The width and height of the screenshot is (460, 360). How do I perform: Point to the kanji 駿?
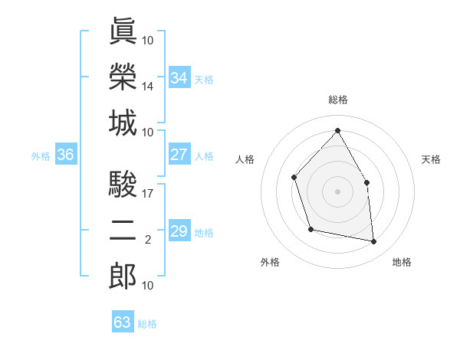pos(123,185)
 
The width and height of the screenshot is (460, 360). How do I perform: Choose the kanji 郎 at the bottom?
pos(123,277)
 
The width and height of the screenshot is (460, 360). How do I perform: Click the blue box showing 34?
pos(179,77)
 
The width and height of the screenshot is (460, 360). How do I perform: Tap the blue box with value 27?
pos(179,155)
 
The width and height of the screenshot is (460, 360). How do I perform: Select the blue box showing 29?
pos(179,231)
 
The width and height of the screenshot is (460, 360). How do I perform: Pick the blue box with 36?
pos(65,155)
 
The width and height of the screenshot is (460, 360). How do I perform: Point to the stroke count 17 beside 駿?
pos(148,194)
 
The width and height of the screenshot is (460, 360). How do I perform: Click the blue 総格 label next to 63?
pos(147,324)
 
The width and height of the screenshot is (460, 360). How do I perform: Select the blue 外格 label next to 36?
pos(41,156)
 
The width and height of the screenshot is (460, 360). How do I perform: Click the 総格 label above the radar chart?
pos(338,100)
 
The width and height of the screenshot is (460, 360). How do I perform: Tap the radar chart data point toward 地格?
pos(374,242)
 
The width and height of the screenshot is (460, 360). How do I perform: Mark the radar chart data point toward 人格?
pos(294,178)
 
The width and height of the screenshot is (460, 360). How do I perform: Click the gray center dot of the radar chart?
pos(337,191)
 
